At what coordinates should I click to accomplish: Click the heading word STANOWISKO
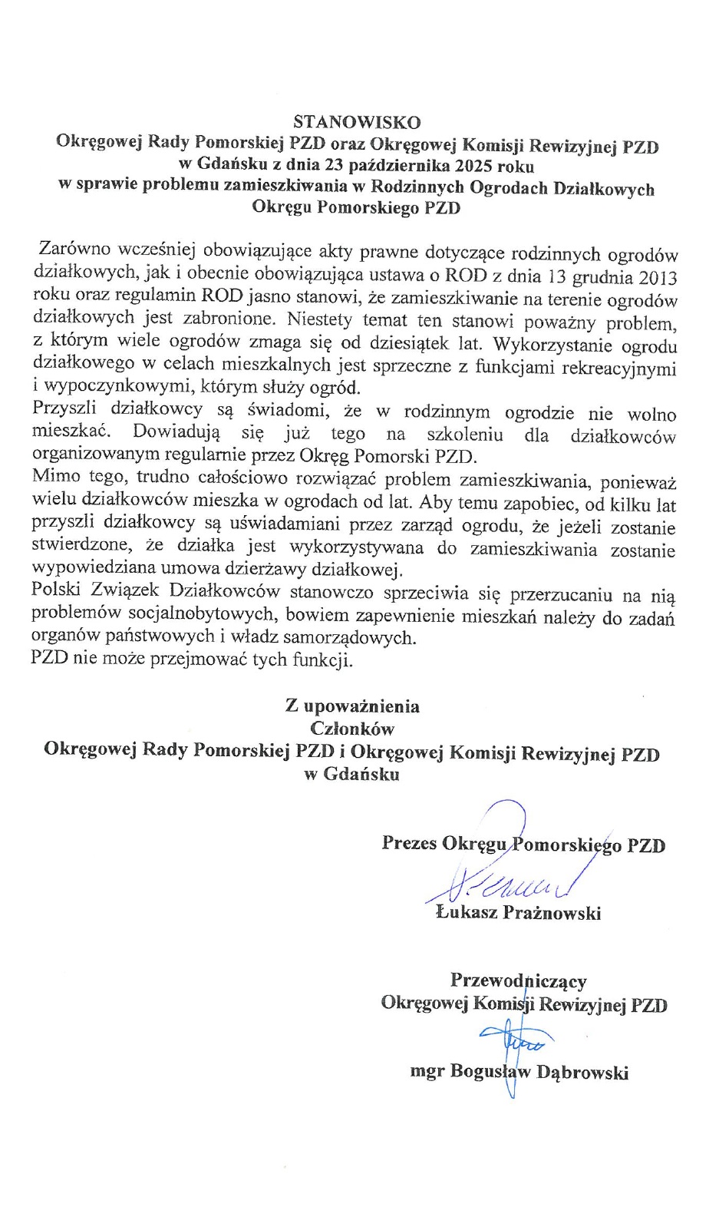click(357, 122)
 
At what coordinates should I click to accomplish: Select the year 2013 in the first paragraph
click(657, 277)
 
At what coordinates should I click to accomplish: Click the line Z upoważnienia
click(352, 706)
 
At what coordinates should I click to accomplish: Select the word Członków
click(352, 728)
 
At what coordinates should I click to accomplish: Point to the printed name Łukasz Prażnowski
click(518, 913)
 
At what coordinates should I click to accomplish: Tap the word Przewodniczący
click(518, 980)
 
